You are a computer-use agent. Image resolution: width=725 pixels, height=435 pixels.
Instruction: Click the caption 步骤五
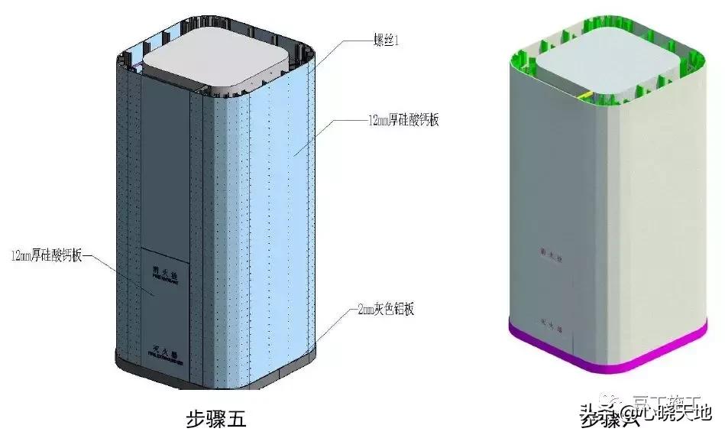pos(216,418)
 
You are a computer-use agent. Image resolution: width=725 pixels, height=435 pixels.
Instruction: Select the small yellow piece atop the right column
pos(586,94)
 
